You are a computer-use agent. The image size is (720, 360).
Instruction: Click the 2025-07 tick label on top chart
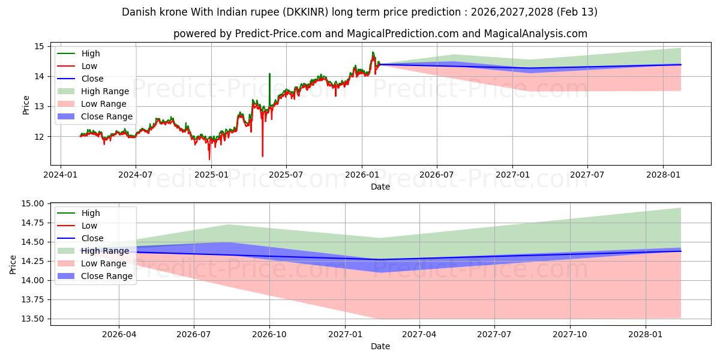(286, 175)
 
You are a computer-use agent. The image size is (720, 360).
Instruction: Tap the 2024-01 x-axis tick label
(60, 175)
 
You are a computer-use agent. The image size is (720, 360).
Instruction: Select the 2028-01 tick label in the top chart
(663, 175)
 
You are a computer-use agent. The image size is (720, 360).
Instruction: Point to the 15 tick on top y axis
(39, 46)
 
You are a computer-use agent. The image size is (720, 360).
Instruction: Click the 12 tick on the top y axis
(39, 137)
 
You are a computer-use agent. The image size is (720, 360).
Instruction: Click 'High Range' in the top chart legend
(105, 91)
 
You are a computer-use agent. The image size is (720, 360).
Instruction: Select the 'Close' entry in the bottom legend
(92, 238)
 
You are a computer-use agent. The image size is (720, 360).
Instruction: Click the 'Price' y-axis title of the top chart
(26, 105)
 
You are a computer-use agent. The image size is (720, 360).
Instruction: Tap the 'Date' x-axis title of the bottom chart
(380, 346)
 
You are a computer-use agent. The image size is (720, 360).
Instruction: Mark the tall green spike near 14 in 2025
(269, 75)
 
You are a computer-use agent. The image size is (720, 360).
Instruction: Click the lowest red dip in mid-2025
(262, 156)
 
